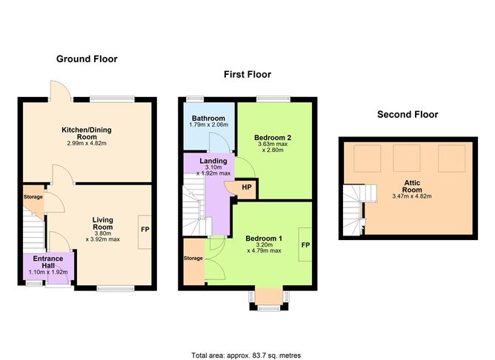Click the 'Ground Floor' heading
pos(87,59)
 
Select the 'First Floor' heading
pos(247,75)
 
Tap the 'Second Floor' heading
pos(408,115)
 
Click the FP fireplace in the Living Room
pos(144,230)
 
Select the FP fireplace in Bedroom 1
pos(305,244)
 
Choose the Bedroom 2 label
pos(272,137)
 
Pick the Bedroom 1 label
pos(264,238)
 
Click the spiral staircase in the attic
pos(353,210)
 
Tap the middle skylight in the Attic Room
pos(405,158)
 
